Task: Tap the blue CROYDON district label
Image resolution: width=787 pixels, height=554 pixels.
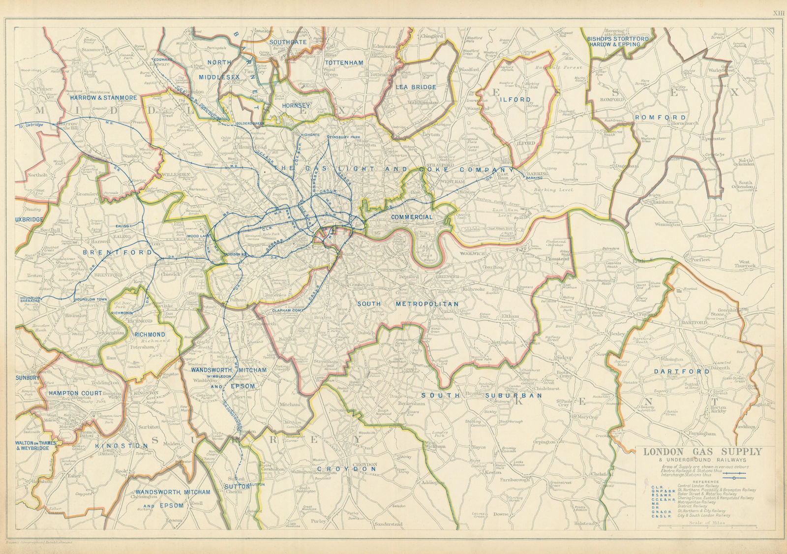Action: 347,469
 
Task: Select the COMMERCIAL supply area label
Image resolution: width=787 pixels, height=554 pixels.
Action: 412,217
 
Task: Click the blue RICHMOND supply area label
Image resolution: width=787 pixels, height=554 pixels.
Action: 150,335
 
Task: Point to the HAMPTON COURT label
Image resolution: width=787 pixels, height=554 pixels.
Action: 75,393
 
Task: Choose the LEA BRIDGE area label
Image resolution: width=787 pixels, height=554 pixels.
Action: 416,87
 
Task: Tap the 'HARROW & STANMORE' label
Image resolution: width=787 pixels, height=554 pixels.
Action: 103,98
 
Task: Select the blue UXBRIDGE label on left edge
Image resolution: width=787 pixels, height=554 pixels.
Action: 30,219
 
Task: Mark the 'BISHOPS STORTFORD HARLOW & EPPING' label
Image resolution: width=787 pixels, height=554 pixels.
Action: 618,41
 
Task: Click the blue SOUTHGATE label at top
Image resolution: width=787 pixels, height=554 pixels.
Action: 288,42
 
